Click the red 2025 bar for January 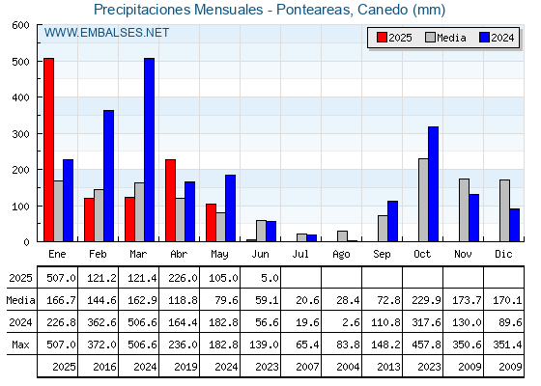point(48,150)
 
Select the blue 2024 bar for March point(149,150)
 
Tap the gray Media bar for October point(424,200)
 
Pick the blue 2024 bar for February point(108,176)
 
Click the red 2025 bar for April point(170,201)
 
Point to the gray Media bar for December point(504,210)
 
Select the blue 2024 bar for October point(434,184)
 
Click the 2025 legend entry point(394,38)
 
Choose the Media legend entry point(445,38)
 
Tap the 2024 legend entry point(497,38)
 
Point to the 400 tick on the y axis point(20,97)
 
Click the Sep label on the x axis point(382,255)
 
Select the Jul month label point(300,255)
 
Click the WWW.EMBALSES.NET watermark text point(106,33)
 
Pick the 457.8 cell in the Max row point(426,345)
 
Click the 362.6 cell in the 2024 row point(101,322)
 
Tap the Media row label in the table point(20,300)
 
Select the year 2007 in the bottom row point(307,367)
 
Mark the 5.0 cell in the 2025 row point(270,278)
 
